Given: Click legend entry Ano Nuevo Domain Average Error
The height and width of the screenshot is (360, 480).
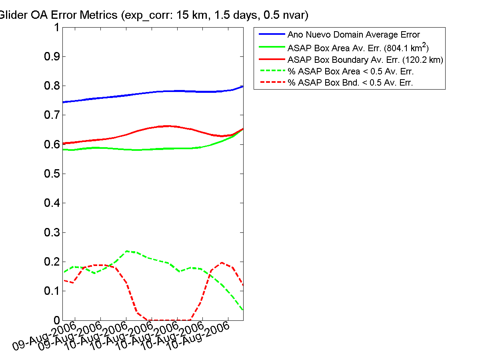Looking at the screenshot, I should (x=354, y=35).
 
